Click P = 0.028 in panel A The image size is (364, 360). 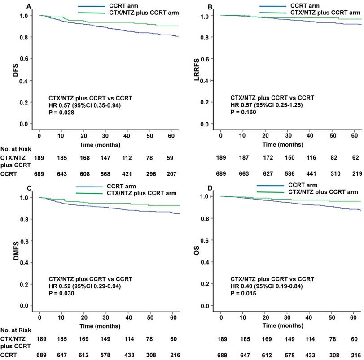pyautogui.click(x=61, y=113)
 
